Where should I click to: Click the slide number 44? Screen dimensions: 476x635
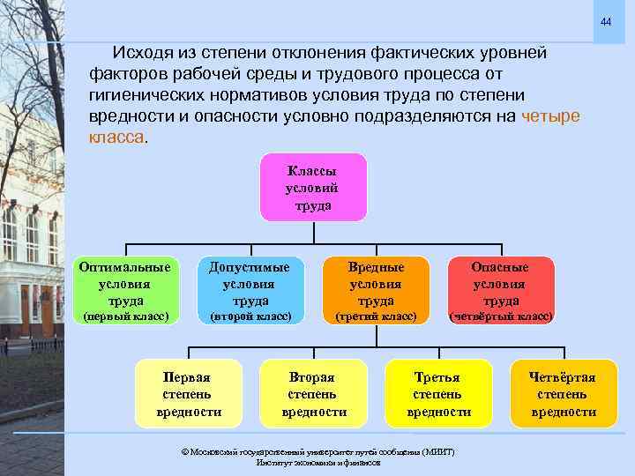[606, 20]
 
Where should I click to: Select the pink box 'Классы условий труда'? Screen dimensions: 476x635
[313, 188]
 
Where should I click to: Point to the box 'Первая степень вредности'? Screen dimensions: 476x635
[188, 394]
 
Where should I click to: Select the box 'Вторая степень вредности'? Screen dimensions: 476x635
[313, 394]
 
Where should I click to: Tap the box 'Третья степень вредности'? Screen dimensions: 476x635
[437, 394]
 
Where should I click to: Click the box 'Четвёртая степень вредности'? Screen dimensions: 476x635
[562, 394]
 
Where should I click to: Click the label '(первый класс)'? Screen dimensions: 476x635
[125, 316]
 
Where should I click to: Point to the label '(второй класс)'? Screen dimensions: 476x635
[250, 316]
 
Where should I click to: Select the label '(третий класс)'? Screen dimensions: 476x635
[376, 316]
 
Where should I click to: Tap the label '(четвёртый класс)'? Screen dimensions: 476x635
[500, 316]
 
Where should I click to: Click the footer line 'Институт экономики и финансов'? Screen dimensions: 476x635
[317, 463]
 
